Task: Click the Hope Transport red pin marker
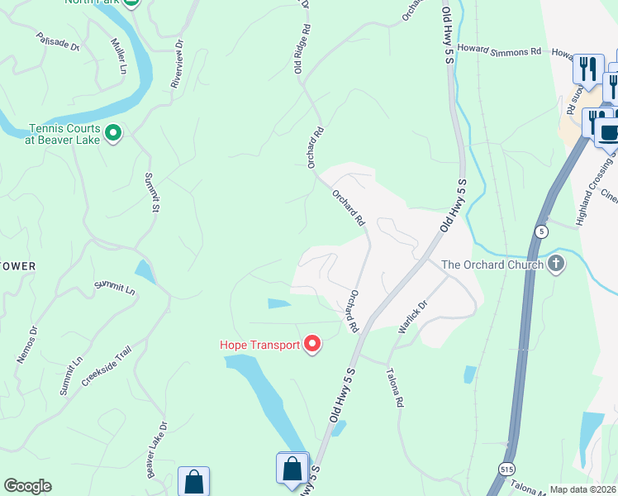tap(312, 344)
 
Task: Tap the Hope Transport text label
tap(259, 345)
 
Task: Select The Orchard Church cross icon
tap(557, 265)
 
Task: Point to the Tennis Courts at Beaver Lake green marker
tap(114, 132)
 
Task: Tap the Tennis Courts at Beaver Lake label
tap(64, 134)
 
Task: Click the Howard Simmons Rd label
tap(499, 50)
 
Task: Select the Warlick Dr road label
tap(411, 317)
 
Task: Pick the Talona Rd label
tap(393, 387)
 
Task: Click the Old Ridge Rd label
tap(302, 48)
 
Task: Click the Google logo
tap(27, 486)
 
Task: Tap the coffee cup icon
tap(608, 131)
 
